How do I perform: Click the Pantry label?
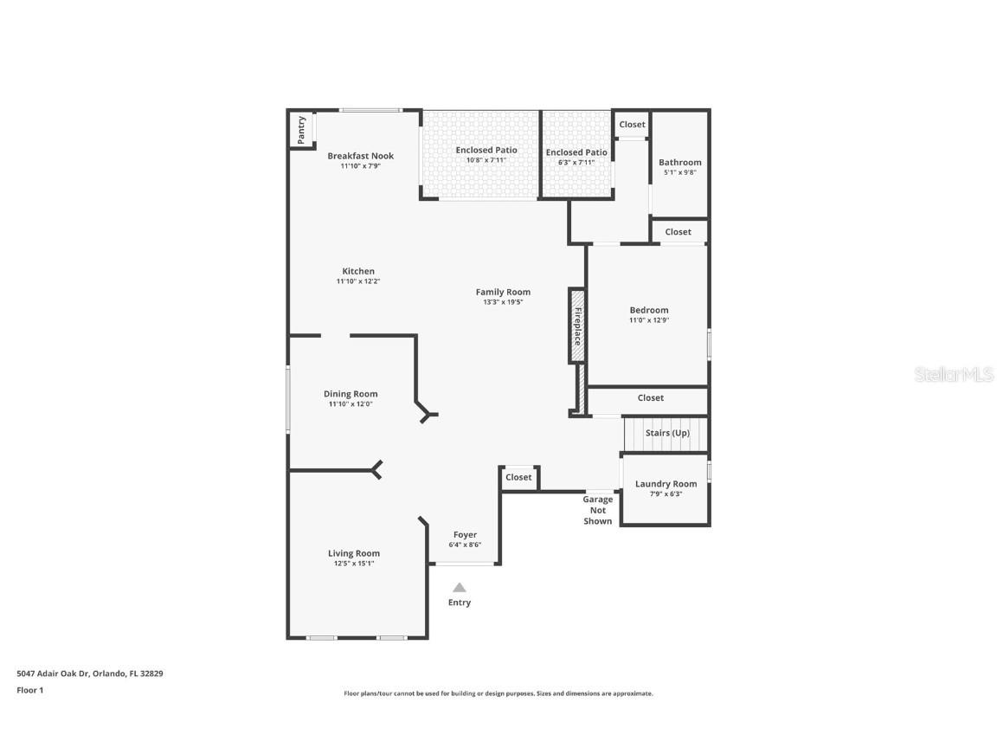point(301,129)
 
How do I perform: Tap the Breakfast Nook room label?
point(360,156)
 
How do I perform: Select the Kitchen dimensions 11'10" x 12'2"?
point(357,281)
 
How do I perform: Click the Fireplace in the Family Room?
point(577,326)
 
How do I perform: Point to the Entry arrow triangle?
point(460,588)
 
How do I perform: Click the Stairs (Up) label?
point(667,433)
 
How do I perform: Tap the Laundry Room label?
point(666,484)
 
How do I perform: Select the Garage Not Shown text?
point(597,510)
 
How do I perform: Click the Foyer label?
point(465,535)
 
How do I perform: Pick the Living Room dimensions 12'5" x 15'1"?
point(353,564)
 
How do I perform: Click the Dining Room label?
point(351,394)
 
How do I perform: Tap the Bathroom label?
point(679,162)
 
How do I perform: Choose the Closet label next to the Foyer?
point(518,477)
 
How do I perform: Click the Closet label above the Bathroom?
point(632,125)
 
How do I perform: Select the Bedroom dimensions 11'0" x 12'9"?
point(648,320)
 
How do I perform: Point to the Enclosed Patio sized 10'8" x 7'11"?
point(486,154)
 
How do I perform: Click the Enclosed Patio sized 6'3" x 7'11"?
point(576,157)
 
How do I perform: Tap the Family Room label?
point(503,292)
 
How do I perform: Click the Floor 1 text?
point(29,690)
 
